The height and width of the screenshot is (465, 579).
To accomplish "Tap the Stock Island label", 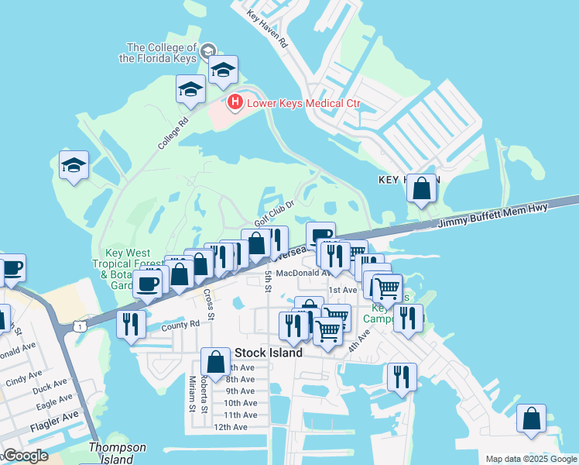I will tap(268, 353).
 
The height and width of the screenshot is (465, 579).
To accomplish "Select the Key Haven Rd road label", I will tap(267, 29).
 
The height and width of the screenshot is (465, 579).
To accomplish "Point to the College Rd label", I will tap(173, 133).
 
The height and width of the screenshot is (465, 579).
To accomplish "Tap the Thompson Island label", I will tap(117, 453).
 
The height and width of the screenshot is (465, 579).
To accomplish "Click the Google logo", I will tap(25, 456).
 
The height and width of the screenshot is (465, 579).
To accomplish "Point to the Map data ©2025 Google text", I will tap(530, 459).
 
